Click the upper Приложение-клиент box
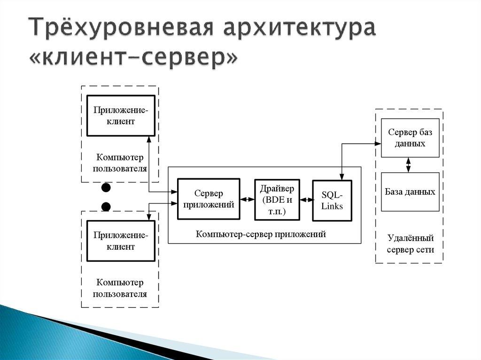point(120,115)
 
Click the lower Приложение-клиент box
point(120,240)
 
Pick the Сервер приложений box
point(209,199)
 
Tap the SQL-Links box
point(332,200)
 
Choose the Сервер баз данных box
point(410,138)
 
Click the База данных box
point(410,191)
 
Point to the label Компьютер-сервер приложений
point(261,234)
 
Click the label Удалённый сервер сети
point(410,244)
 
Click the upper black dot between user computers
point(106,188)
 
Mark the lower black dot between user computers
point(106,206)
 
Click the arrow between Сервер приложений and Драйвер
point(247,199)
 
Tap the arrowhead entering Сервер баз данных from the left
point(378,143)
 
